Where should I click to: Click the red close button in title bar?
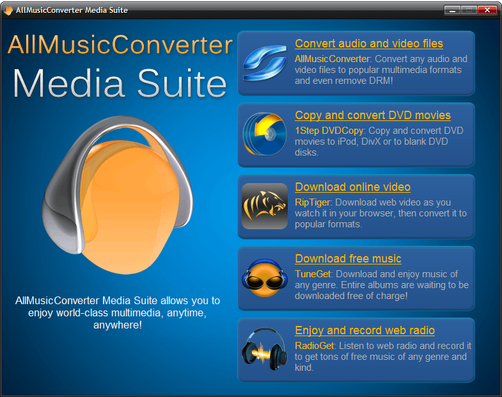487,10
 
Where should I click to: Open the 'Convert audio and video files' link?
369,44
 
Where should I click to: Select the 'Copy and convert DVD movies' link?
373,115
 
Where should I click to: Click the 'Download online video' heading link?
352,187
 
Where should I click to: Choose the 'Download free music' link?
348,259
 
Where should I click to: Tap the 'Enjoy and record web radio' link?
365,330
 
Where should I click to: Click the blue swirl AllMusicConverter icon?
264,63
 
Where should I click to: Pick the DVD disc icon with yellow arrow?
264,135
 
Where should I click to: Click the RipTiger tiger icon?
265,206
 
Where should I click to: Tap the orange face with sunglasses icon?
264,278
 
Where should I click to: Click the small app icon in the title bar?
8,10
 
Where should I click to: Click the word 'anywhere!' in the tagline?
117,325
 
